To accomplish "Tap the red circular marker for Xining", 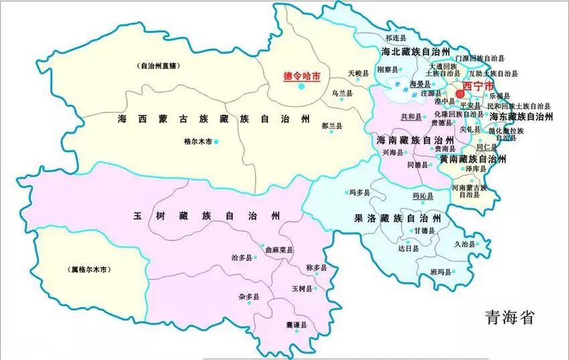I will [x=461, y=94].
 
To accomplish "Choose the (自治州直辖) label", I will [x=161, y=66].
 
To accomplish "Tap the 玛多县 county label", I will [x=359, y=192].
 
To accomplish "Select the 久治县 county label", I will [x=464, y=244].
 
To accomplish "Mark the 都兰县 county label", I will [x=331, y=126].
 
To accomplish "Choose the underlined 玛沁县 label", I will [x=422, y=197].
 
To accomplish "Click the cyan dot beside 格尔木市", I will [x=216, y=142].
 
